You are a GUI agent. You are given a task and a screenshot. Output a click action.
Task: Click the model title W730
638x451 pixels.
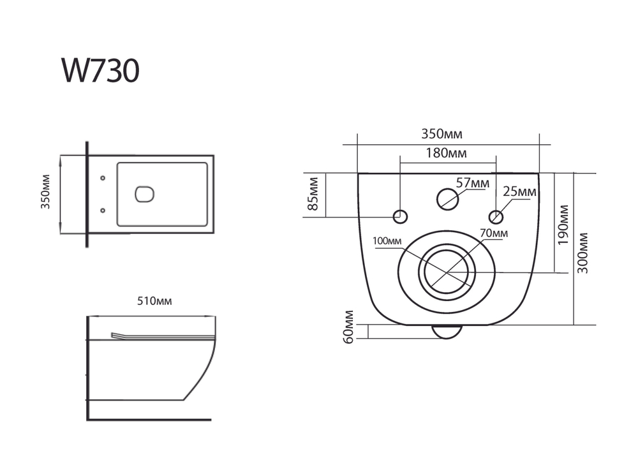[100, 71]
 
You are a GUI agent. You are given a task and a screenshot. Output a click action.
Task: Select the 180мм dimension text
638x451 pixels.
[447, 153]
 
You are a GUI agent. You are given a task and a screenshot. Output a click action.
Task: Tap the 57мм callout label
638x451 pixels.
[473, 183]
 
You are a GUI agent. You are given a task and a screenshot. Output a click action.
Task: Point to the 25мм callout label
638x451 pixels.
[519, 191]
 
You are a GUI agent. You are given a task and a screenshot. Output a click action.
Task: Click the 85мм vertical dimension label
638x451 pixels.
[313, 195]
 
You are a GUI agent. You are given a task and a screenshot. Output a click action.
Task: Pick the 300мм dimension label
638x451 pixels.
[583, 253]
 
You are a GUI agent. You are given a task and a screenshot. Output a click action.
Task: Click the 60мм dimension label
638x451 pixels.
[348, 327]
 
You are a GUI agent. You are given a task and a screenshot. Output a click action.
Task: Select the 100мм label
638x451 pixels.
[389, 241]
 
